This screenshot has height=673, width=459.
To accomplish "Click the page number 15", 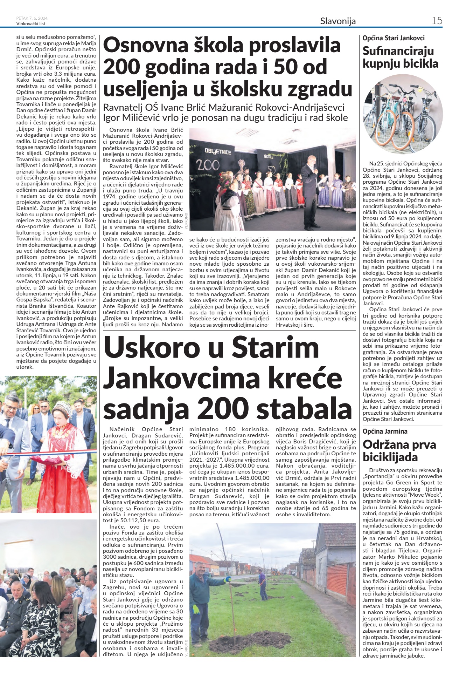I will (x=437, y=21).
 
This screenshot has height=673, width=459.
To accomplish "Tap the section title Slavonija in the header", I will (x=338, y=21).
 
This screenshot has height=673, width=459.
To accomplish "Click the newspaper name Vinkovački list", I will (x=31, y=24).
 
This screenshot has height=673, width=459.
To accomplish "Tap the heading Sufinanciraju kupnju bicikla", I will (x=400, y=57).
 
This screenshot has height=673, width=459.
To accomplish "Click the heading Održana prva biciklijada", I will (x=399, y=451).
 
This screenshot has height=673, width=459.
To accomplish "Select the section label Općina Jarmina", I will (x=385, y=431).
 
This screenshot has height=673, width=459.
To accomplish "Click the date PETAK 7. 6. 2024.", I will (x=32, y=18).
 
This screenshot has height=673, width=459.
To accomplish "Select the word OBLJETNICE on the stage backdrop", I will (x=218, y=151).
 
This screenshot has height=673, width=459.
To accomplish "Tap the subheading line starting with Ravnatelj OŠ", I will (x=224, y=107).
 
